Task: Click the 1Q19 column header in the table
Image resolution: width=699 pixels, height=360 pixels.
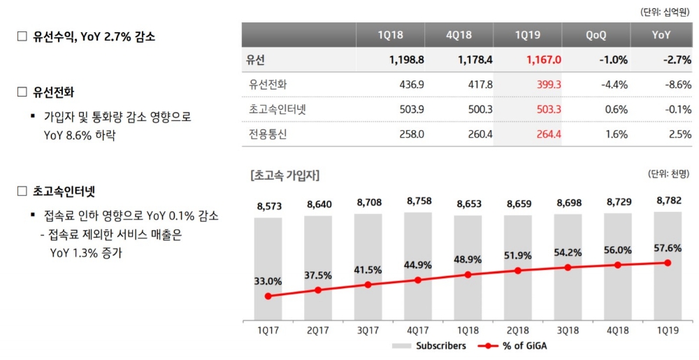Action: click(x=527, y=34)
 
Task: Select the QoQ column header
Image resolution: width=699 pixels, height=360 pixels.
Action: click(x=596, y=34)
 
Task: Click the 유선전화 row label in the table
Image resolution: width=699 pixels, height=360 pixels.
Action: click(x=268, y=85)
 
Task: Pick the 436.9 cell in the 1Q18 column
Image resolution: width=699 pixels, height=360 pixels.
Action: click(x=410, y=85)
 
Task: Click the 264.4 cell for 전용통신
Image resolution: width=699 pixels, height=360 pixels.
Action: click(x=547, y=134)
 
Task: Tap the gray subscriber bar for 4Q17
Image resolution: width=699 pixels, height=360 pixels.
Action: click(x=417, y=266)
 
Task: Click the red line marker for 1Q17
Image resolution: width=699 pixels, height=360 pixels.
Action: click(x=268, y=296)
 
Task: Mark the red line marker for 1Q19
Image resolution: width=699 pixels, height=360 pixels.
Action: click(x=668, y=263)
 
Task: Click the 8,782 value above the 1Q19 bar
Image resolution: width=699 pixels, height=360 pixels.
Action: click(x=668, y=201)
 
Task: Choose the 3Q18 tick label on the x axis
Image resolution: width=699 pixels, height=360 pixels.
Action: click(x=568, y=331)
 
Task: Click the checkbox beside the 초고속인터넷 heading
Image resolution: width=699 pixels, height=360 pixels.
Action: click(x=22, y=190)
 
